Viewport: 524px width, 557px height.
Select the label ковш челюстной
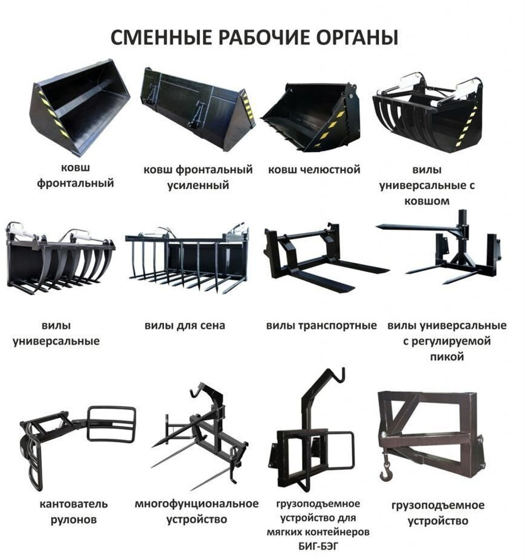pyautogui.click(x=314, y=170)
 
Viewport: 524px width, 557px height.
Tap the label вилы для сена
pyautogui.click(x=185, y=325)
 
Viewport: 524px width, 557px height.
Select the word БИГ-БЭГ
pyautogui.click(x=318, y=546)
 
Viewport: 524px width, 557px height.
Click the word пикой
pyautogui.click(x=446, y=357)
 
